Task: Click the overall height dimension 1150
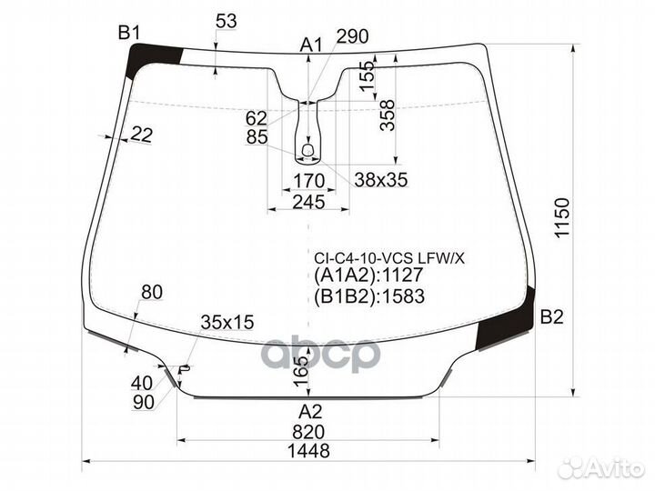(x=563, y=217)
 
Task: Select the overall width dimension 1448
(x=308, y=450)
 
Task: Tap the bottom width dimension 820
(x=308, y=432)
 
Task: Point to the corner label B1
(x=128, y=32)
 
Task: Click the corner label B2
(x=552, y=317)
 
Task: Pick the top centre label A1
(x=312, y=45)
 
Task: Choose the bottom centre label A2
(x=310, y=412)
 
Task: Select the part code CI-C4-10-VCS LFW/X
(x=389, y=259)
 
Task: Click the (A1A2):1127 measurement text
(x=368, y=276)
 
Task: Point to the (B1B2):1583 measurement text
(x=369, y=296)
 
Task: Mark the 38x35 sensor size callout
(x=380, y=180)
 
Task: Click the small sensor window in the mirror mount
(x=307, y=149)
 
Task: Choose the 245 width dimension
(x=308, y=202)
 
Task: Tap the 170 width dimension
(x=308, y=181)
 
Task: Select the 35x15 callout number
(x=227, y=322)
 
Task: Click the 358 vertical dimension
(x=388, y=115)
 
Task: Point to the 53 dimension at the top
(x=227, y=21)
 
